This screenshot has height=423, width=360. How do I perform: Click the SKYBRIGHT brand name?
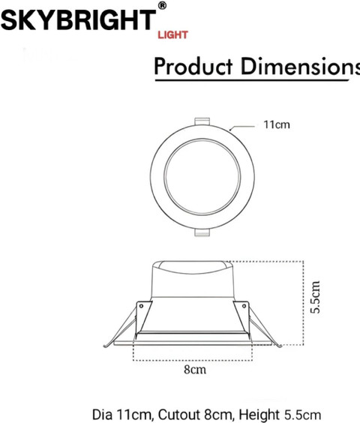point(78,20)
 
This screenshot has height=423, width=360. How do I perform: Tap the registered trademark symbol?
point(162,6)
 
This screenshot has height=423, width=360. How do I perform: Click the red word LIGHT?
point(172,34)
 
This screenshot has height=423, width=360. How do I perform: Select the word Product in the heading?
point(193,66)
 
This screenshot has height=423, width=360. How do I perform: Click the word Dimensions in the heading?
point(300,66)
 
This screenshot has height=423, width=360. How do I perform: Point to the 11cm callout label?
point(277,124)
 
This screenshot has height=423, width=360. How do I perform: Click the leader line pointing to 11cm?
point(242,127)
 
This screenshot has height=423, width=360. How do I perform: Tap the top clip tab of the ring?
point(202,121)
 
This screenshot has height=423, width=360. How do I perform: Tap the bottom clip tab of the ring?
point(202,232)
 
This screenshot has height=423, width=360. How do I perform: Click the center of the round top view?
point(202,177)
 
